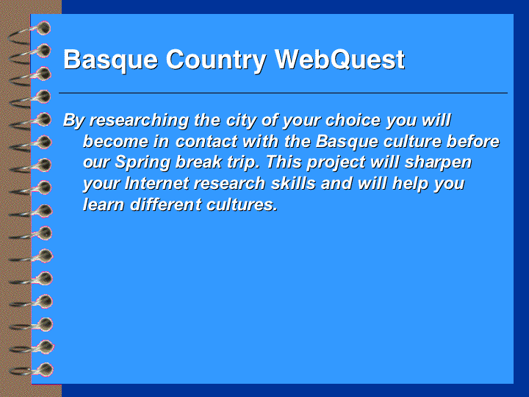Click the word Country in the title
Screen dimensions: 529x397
pos(216,60)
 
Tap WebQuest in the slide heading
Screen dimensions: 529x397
pos(339,60)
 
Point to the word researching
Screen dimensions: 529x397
pos(139,121)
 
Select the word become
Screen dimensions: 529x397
pos(116,141)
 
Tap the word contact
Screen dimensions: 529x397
pos(206,142)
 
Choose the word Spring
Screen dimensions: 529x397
pos(143,163)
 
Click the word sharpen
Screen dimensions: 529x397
pos(438,163)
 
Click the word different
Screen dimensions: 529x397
pos(165,204)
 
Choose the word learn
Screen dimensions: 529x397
pos(104,204)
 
